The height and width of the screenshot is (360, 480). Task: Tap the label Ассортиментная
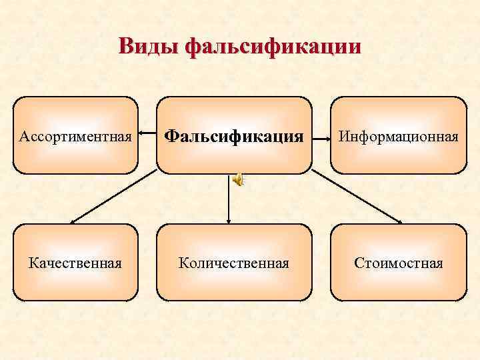click(x=76, y=137)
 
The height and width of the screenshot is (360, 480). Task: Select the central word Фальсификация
click(x=234, y=137)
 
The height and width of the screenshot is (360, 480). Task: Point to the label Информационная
click(x=399, y=137)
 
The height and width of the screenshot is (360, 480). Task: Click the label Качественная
click(x=75, y=262)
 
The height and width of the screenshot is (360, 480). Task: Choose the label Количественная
click(x=234, y=262)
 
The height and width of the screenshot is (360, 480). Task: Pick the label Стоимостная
click(x=399, y=262)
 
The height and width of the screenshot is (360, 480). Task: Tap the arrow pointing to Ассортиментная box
click(x=147, y=139)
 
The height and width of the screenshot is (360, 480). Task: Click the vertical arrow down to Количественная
click(x=229, y=200)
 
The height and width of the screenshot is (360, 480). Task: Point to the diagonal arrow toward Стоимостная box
click(x=357, y=195)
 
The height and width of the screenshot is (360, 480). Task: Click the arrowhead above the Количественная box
click(x=229, y=219)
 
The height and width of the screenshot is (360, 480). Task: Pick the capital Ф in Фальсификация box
click(x=171, y=137)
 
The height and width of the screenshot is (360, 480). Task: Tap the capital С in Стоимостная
click(x=358, y=263)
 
